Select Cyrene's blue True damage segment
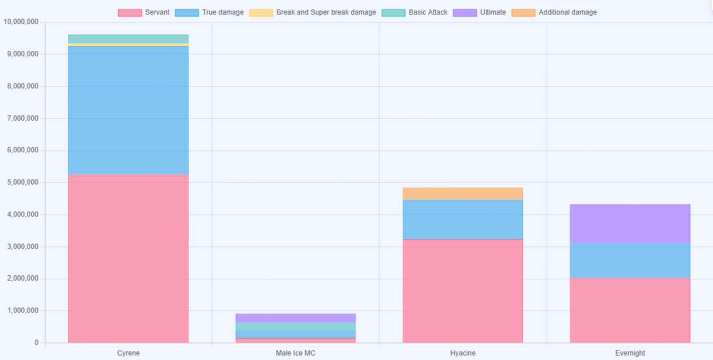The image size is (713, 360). [x=128, y=110]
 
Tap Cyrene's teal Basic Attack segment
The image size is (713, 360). [x=128, y=39]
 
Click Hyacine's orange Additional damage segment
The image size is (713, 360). [x=462, y=193]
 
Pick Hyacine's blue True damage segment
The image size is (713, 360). [x=462, y=219]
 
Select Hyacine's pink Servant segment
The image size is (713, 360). [x=462, y=291]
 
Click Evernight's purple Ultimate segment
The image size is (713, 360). [x=630, y=223]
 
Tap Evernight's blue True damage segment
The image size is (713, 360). [x=630, y=260]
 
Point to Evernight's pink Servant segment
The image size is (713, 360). [x=630, y=310]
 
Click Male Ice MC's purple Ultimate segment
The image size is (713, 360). [x=296, y=318]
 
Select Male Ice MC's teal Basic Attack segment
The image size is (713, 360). [x=296, y=326]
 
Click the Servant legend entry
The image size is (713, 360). [x=144, y=12]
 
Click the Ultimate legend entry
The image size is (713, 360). [x=479, y=12]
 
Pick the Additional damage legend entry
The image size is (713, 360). [x=554, y=12]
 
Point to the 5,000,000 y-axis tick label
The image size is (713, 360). [x=22, y=182]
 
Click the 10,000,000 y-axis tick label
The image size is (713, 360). [x=21, y=22]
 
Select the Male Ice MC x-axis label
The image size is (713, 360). [x=296, y=353]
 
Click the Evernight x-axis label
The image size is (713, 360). [x=630, y=353]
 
